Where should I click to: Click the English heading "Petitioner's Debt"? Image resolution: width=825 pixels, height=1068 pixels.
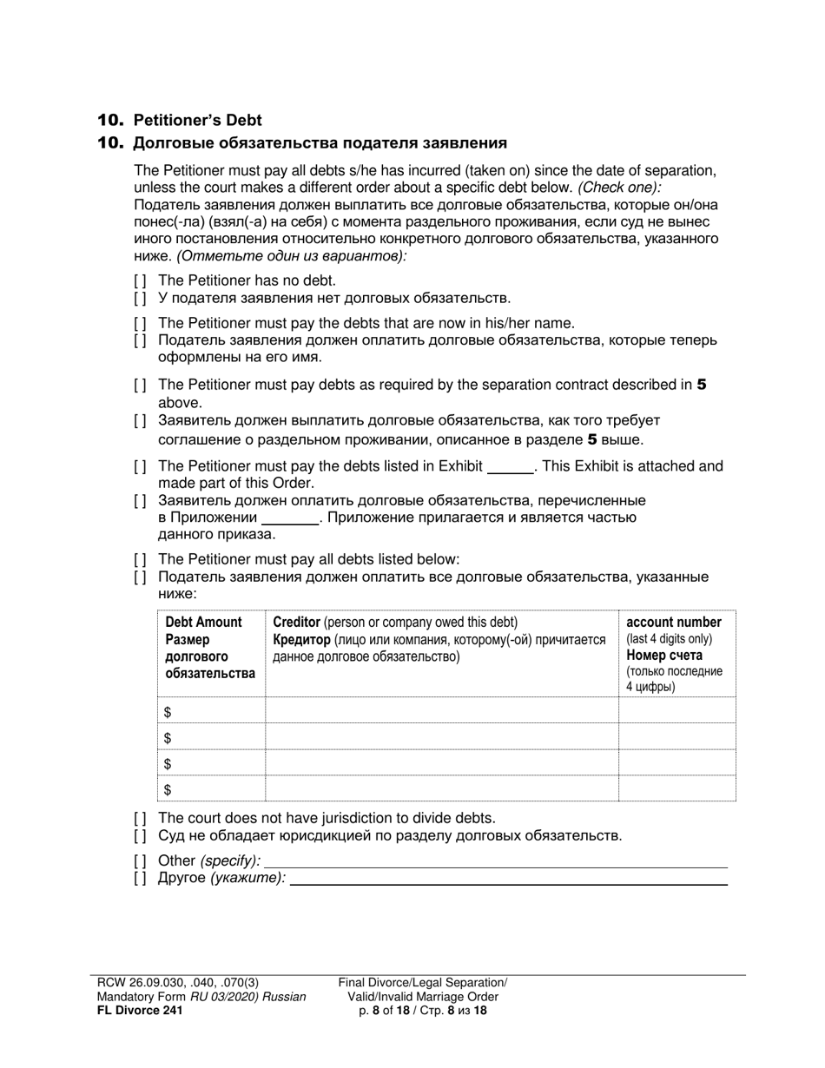197,120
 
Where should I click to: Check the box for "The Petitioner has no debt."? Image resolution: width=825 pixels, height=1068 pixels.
140,280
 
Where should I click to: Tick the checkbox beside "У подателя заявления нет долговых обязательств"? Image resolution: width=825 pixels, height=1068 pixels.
140,299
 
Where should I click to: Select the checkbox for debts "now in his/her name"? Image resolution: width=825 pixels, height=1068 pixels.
140,323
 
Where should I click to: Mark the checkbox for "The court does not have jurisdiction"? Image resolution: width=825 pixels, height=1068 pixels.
140,818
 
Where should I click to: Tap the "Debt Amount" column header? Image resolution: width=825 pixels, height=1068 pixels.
203,623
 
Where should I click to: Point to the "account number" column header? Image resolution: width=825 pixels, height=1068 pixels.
673,623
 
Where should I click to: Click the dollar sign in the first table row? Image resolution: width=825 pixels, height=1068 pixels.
168,712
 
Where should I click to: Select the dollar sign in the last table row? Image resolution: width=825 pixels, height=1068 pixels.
168,789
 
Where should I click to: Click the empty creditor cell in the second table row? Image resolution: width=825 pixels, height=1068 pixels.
441,737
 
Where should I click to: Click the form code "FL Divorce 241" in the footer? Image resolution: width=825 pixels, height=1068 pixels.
140,1011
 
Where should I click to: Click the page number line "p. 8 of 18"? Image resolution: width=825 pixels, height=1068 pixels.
423,1011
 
